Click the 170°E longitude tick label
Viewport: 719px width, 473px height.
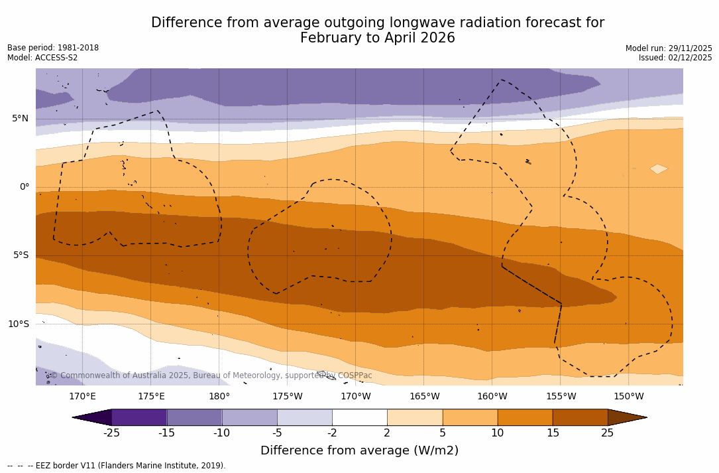(82, 397)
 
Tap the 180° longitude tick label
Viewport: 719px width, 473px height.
(219, 397)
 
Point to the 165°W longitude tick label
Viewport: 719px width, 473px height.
(424, 397)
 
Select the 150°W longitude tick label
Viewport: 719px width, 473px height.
(628, 397)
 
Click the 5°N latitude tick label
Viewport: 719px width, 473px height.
(20, 119)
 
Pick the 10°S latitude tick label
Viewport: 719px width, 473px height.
(18, 324)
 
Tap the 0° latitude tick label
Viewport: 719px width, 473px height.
(24, 187)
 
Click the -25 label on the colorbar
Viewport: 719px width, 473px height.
(111, 433)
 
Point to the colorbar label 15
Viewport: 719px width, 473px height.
(552, 433)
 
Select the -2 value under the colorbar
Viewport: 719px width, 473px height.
(331, 433)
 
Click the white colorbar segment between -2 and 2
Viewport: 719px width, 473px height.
(359, 417)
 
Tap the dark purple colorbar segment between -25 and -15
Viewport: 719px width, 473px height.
(139, 417)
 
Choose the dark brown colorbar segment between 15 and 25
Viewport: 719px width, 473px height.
(580, 417)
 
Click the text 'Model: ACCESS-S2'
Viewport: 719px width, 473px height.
(42, 58)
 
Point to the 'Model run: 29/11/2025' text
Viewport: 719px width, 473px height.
(669, 48)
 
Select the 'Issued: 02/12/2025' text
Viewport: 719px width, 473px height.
(675, 58)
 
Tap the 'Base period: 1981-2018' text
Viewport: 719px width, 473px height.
(53, 48)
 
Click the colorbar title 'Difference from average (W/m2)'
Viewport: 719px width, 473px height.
(359, 450)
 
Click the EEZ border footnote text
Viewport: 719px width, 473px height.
(117, 466)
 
